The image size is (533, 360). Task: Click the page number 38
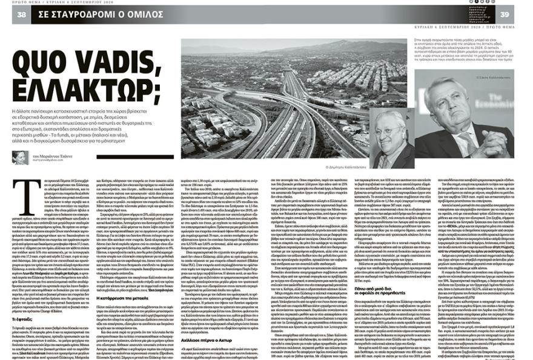point(21,15)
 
